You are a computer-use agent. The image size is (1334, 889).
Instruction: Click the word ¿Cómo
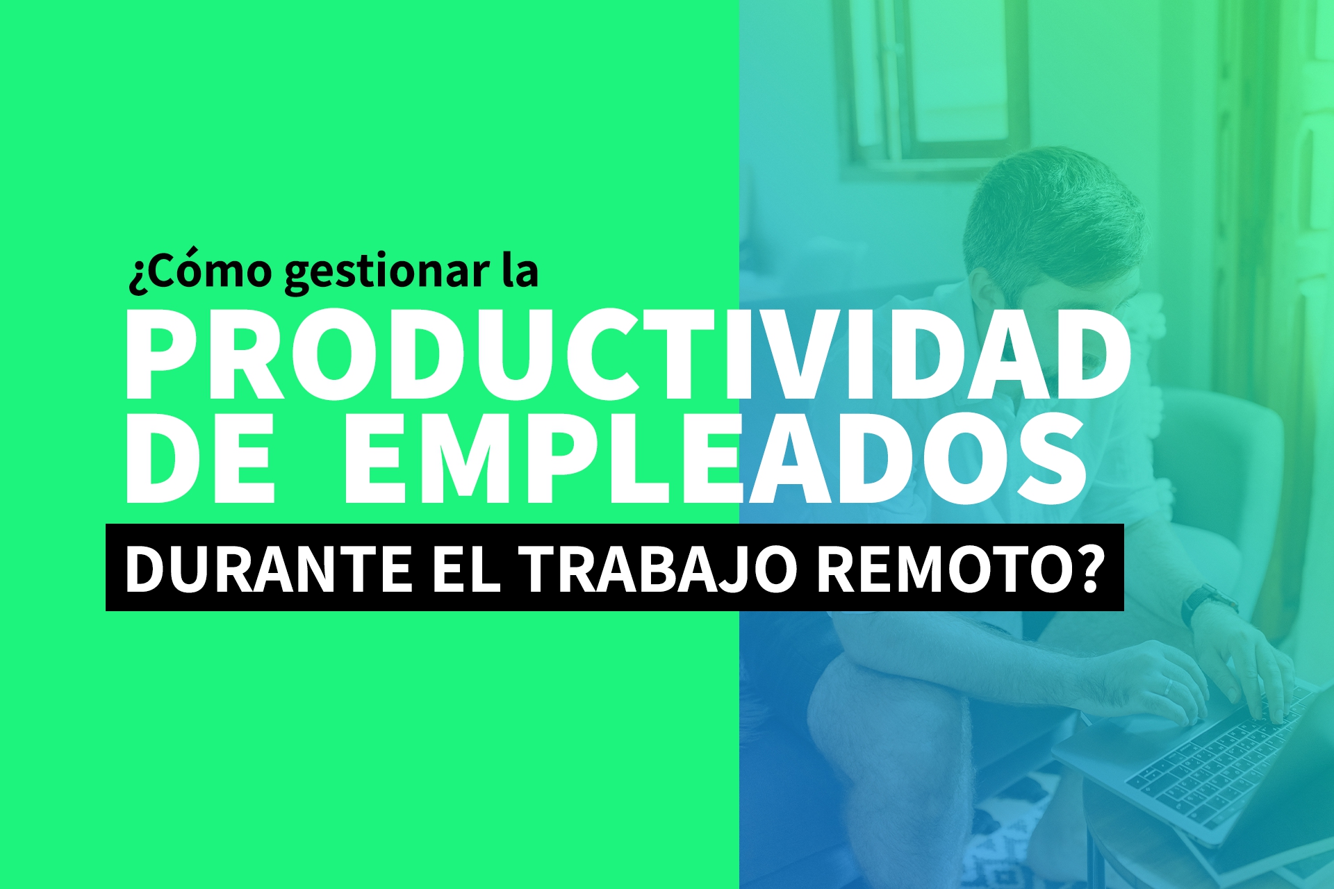tap(200, 270)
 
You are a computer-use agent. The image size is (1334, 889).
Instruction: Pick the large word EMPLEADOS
tap(714, 458)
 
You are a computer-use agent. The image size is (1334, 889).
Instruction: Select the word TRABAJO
tap(659, 569)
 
